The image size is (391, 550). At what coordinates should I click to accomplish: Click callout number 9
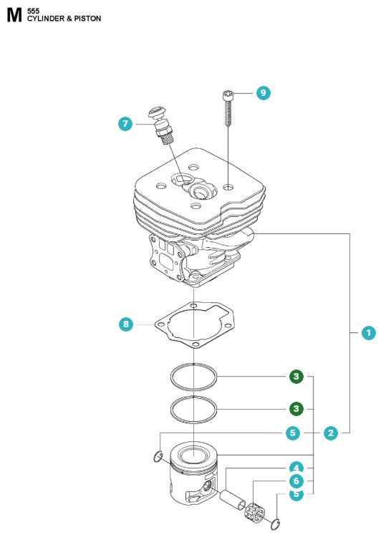[x=264, y=93]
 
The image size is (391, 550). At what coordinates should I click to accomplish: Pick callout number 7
[x=126, y=124]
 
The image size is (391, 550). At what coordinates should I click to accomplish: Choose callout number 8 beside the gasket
[x=126, y=324]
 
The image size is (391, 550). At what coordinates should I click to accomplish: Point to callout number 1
[x=368, y=332]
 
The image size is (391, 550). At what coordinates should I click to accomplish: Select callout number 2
[x=330, y=433]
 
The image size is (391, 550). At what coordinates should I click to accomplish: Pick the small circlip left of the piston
[x=158, y=457]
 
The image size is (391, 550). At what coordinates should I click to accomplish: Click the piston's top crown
[x=195, y=453]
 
